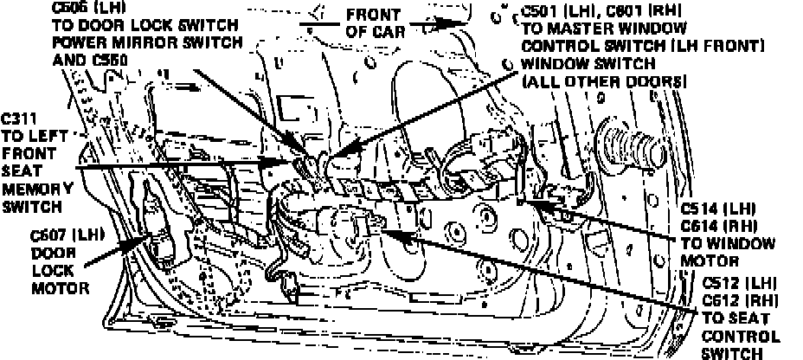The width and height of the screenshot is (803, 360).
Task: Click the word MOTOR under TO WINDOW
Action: pyautogui.click(x=708, y=259)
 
